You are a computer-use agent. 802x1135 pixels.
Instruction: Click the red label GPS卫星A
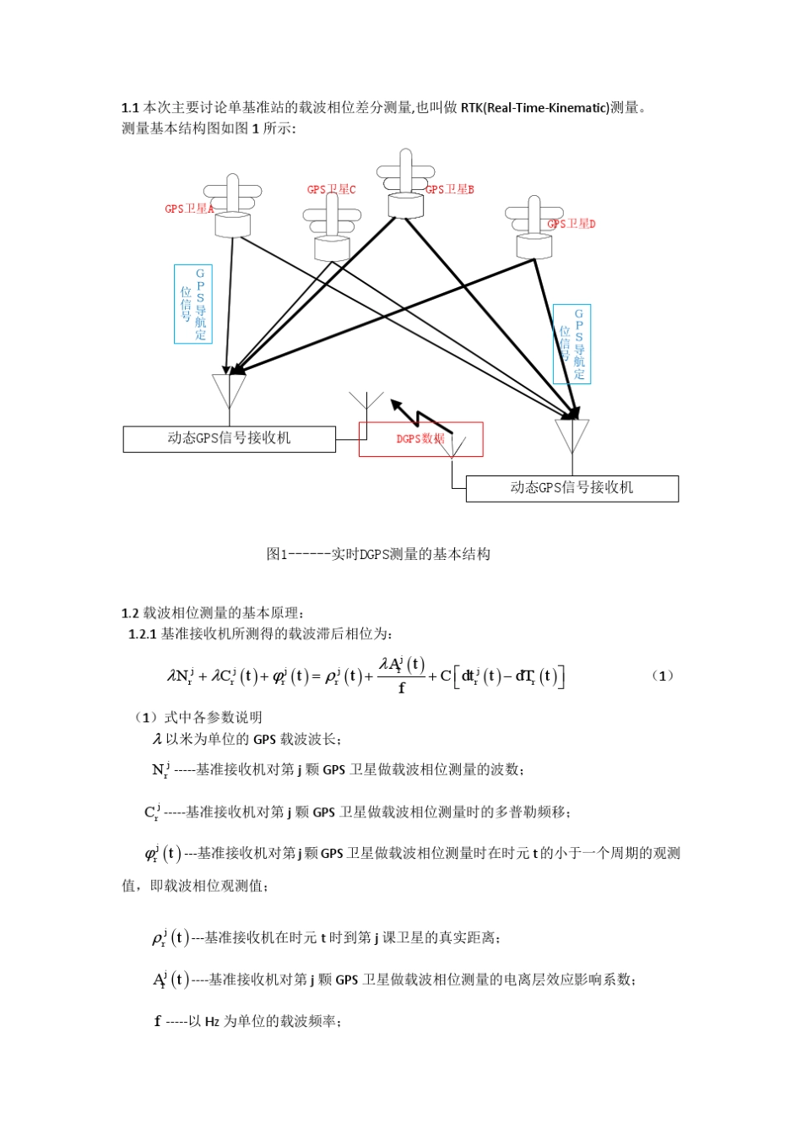pos(189,209)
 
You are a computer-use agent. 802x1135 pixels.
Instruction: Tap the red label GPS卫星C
pos(331,190)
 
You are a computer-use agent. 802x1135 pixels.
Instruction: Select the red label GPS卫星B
pos(450,190)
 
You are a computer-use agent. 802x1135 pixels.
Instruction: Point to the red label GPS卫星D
pos(572,224)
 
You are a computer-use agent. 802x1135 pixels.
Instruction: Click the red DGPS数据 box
pos(420,439)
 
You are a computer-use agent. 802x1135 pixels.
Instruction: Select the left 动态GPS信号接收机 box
pos(229,439)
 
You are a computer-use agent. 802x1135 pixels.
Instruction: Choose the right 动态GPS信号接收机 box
pos(572,488)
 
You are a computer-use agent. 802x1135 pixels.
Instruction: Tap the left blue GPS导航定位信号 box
pos(192,304)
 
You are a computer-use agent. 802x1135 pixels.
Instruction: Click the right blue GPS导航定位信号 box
pos(572,344)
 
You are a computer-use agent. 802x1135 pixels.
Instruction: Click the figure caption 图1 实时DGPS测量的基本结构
pos(378,554)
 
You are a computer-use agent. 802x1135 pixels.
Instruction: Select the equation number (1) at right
pos(663,676)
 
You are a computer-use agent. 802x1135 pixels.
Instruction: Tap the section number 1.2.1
pos(142,634)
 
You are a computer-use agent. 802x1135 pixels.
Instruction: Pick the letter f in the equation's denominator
pos(402,688)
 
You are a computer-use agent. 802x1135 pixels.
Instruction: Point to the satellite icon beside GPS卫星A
pos(233,208)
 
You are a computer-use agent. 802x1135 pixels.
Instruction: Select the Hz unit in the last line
pos(212,1022)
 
